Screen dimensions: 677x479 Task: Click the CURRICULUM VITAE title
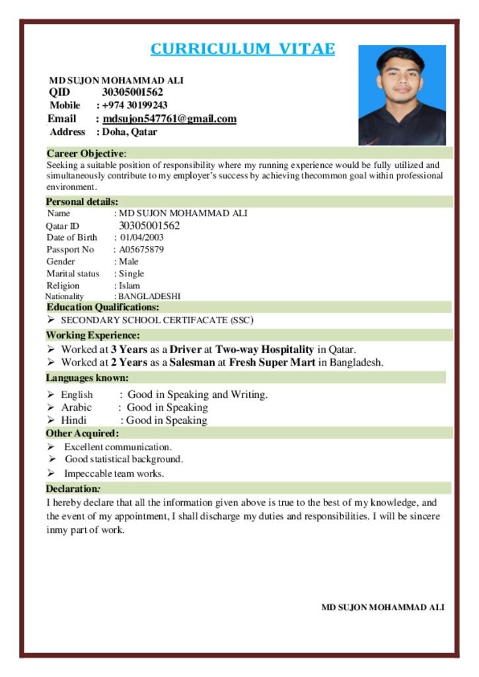[x=242, y=49]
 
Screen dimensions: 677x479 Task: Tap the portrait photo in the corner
[x=402, y=95]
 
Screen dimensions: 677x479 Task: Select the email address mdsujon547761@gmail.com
[x=169, y=119]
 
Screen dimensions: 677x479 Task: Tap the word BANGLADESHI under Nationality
[x=149, y=297]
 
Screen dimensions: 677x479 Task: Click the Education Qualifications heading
[x=102, y=307]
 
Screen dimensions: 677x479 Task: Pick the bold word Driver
[x=186, y=349]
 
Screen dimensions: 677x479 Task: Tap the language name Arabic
[x=77, y=407]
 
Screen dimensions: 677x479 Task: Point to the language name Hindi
[x=74, y=420]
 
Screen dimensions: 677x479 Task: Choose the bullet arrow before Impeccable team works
[x=51, y=473]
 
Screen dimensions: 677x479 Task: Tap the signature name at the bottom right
[x=383, y=607]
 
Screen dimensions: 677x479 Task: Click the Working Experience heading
[x=92, y=335]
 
